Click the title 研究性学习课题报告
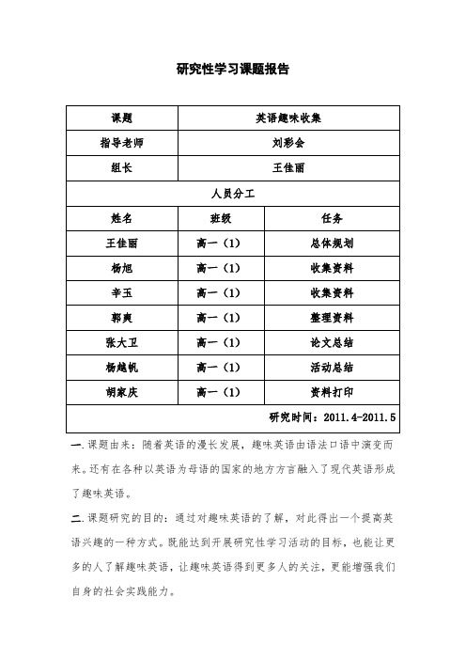[x=233, y=70]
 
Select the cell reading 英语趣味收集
[x=287, y=118]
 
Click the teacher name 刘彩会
[x=287, y=144]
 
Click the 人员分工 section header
[x=233, y=193]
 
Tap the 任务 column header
[x=332, y=217]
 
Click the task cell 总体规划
[x=332, y=242]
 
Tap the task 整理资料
[x=332, y=317]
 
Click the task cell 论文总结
[x=332, y=341]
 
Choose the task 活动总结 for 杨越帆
[x=332, y=366]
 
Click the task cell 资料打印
[x=332, y=390]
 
